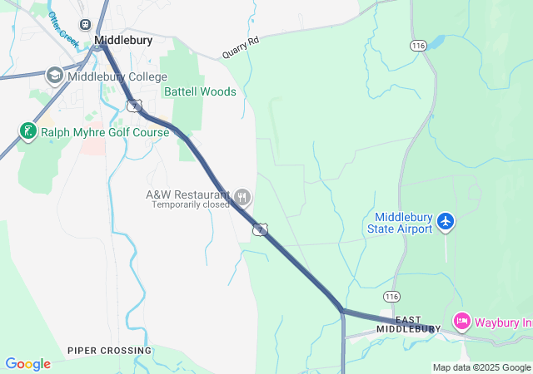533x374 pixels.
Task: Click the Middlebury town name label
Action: pos(124,40)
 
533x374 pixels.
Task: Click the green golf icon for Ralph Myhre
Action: pos(27,131)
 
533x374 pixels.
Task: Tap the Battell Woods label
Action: pos(200,91)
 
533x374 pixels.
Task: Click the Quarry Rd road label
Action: pos(241,48)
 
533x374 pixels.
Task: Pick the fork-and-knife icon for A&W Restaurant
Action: pos(242,198)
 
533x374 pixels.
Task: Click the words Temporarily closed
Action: pos(190,204)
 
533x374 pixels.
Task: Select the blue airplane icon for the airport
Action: pos(446,222)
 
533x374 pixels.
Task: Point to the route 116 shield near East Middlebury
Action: pos(392,296)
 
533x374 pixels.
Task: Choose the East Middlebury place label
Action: pos(408,324)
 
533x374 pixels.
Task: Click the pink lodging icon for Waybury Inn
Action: pos(462,321)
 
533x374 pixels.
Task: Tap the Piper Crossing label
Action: pos(110,351)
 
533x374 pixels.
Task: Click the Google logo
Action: pos(27,364)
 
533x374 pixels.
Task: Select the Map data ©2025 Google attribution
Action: pos(481,367)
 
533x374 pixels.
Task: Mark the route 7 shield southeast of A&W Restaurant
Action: pos(261,229)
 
